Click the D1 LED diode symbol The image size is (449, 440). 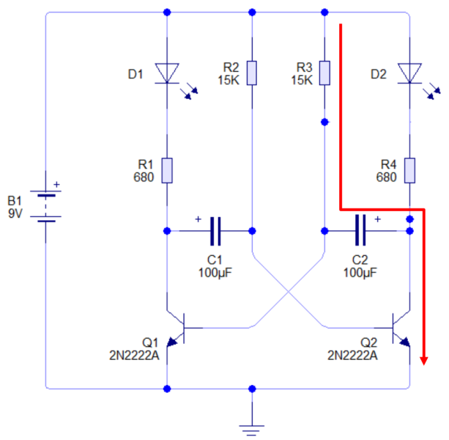pos(167,73)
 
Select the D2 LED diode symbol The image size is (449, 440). pos(409,73)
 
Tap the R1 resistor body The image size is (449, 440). pos(167,170)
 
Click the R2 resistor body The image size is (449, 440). pos(252,73)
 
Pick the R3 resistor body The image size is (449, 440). pos(324,73)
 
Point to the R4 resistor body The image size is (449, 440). pos(409,170)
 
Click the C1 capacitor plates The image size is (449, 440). pos(215,231)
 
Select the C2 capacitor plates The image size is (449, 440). pos(360,231)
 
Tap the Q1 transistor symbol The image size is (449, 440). pos(176,330)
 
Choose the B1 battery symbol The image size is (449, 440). pos(46,205)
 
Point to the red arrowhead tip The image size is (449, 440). pos(424,363)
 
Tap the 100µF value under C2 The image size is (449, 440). pos(360,273)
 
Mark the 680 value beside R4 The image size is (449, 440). pos(386,177)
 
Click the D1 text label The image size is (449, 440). pos(136,73)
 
